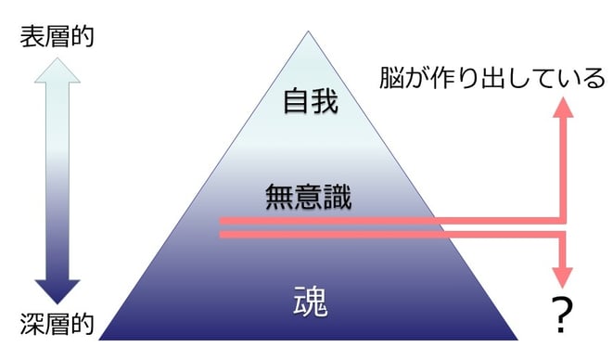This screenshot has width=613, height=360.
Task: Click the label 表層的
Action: (58, 37)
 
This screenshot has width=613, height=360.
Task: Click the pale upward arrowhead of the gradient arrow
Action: (58, 71)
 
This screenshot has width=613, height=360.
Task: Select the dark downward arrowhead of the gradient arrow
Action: (58, 290)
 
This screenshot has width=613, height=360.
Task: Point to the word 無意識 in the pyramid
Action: (308, 196)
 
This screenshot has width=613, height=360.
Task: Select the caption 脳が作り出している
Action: (492, 79)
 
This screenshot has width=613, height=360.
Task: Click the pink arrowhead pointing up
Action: (562, 108)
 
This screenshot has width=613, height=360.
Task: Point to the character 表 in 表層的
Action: (32, 37)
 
